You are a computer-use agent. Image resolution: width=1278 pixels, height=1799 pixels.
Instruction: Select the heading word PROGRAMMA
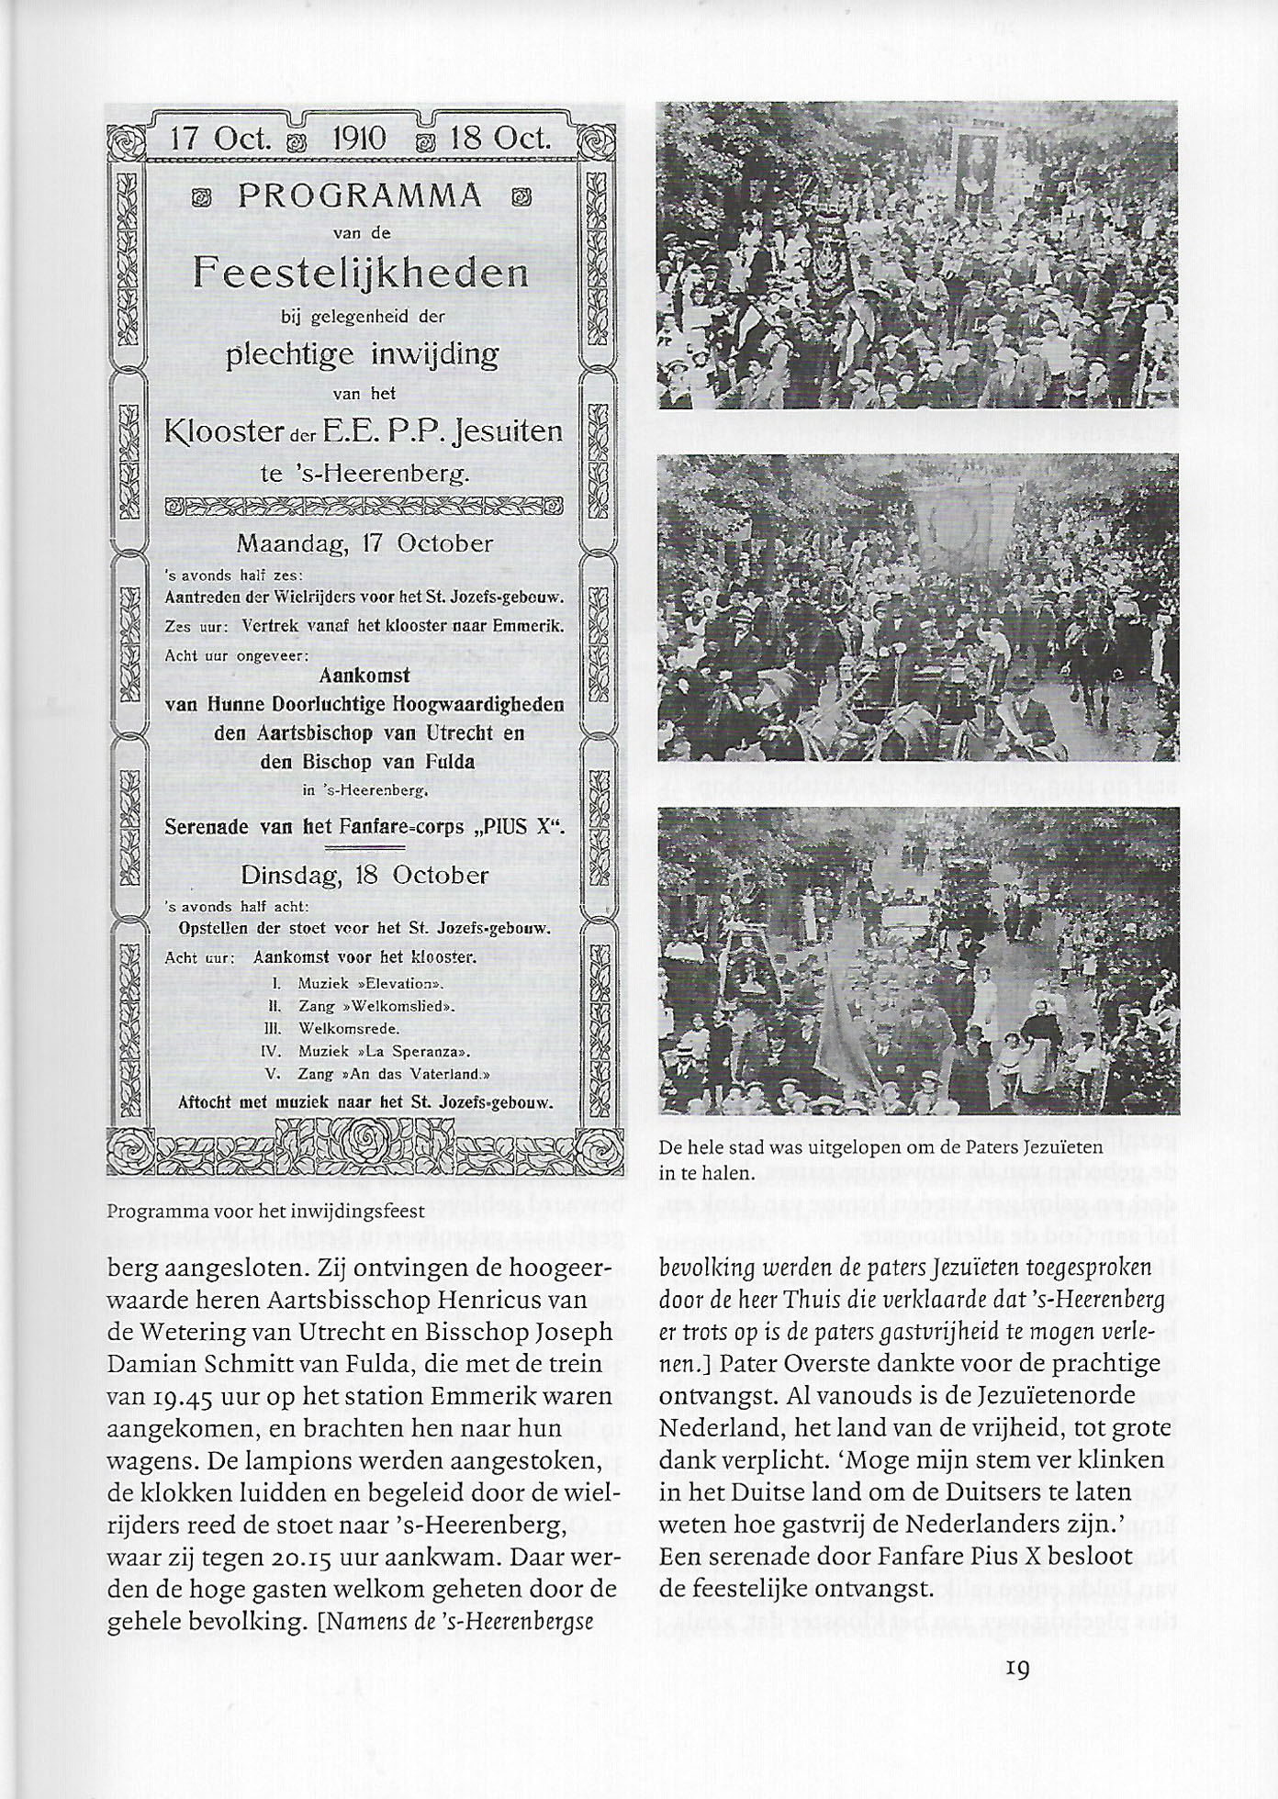tap(360, 196)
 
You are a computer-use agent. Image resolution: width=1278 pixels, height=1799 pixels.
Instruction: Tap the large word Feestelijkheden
tap(362, 273)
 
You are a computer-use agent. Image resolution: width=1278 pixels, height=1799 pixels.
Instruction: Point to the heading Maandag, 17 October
tap(364, 542)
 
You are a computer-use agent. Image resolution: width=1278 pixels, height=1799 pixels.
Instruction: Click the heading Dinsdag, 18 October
tap(364, 875)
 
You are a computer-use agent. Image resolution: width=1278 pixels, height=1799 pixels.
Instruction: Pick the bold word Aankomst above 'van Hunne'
tap(364, 676)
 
